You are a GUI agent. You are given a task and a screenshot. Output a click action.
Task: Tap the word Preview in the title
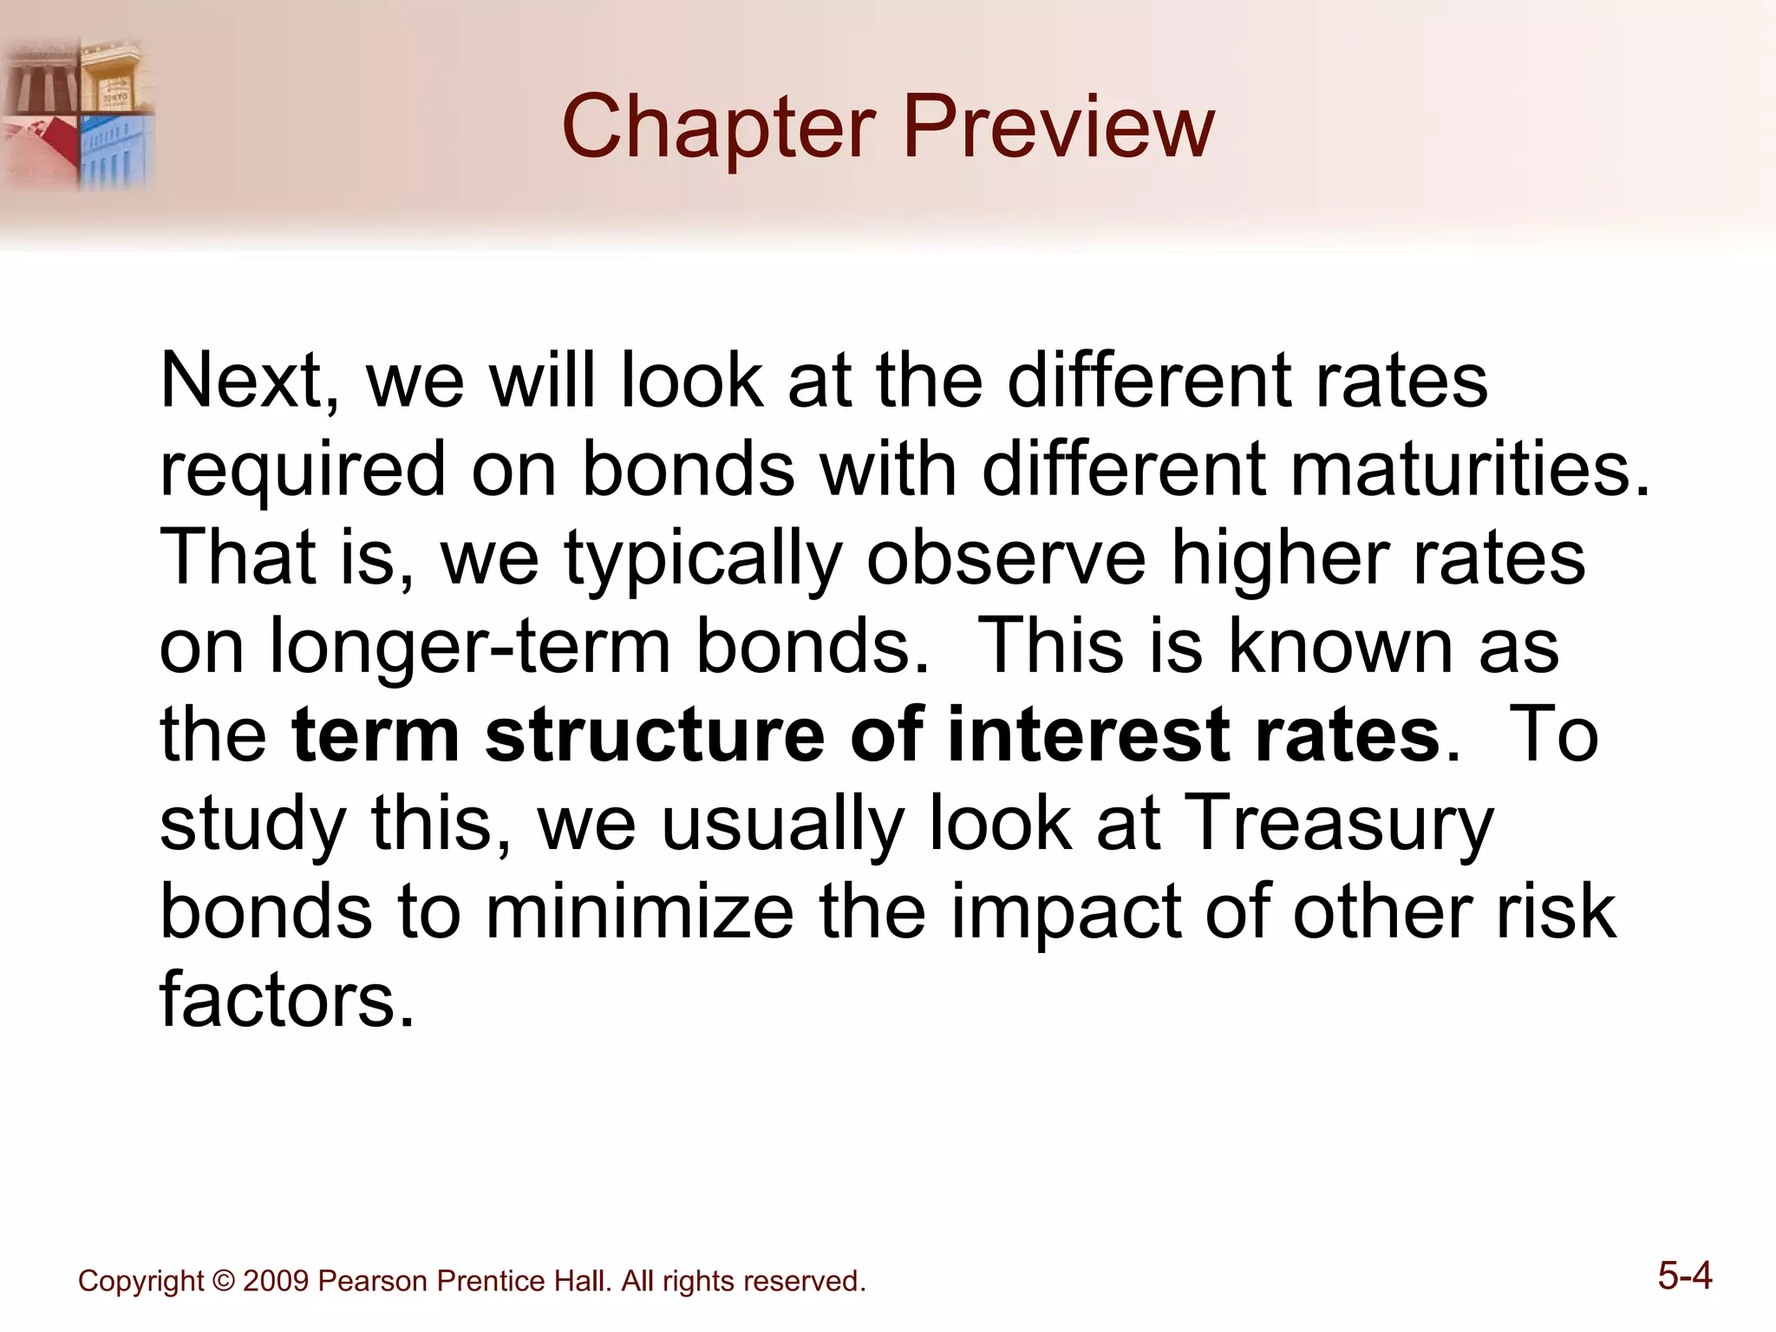[x=1059, y=128]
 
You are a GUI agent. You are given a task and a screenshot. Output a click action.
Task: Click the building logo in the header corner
[x=78, y=114]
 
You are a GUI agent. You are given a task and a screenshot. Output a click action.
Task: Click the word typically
[x=703, y=559]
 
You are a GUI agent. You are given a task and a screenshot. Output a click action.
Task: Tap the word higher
[x=1280, y=559]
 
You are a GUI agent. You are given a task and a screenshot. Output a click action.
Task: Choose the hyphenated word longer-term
[x=470, y=649]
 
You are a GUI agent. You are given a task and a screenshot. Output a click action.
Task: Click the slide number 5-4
[x=1684, y=1276]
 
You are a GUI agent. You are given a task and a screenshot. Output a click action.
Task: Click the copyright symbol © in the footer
[x=223, y=1281]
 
